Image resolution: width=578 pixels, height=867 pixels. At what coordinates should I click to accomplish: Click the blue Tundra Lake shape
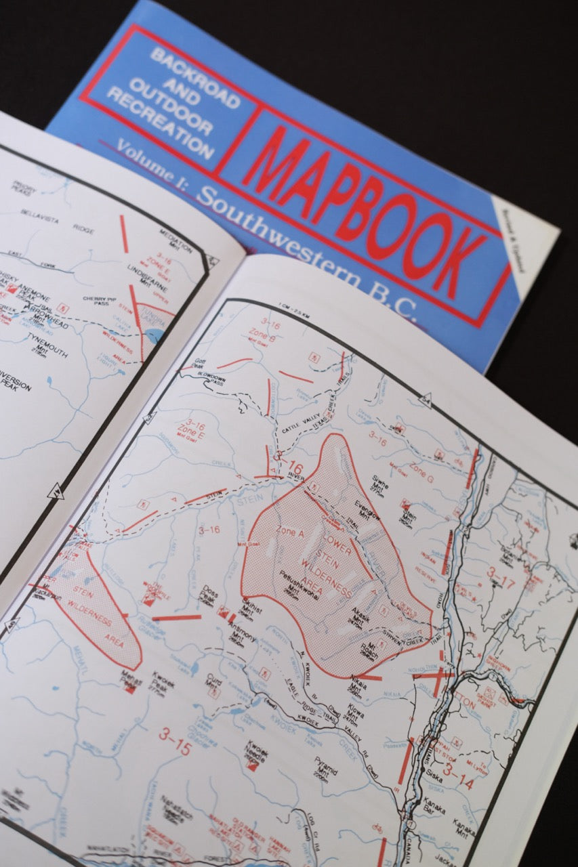(x=154, y=335)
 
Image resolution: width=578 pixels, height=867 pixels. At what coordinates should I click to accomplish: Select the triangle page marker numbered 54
(x=426, y=400)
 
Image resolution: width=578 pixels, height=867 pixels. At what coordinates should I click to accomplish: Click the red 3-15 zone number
(x=175, y=740)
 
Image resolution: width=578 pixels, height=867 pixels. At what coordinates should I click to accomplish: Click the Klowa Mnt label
(x=356, y=714)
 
